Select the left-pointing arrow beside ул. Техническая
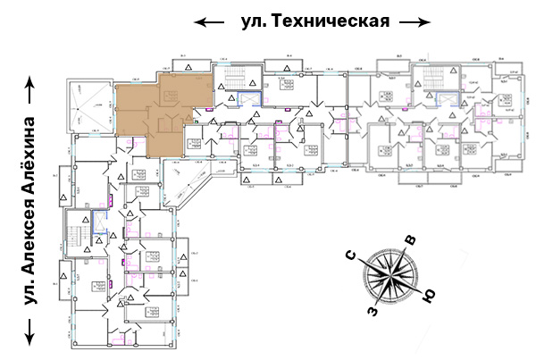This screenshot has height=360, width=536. (211, 21)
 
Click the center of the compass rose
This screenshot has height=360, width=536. (390, 276)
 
